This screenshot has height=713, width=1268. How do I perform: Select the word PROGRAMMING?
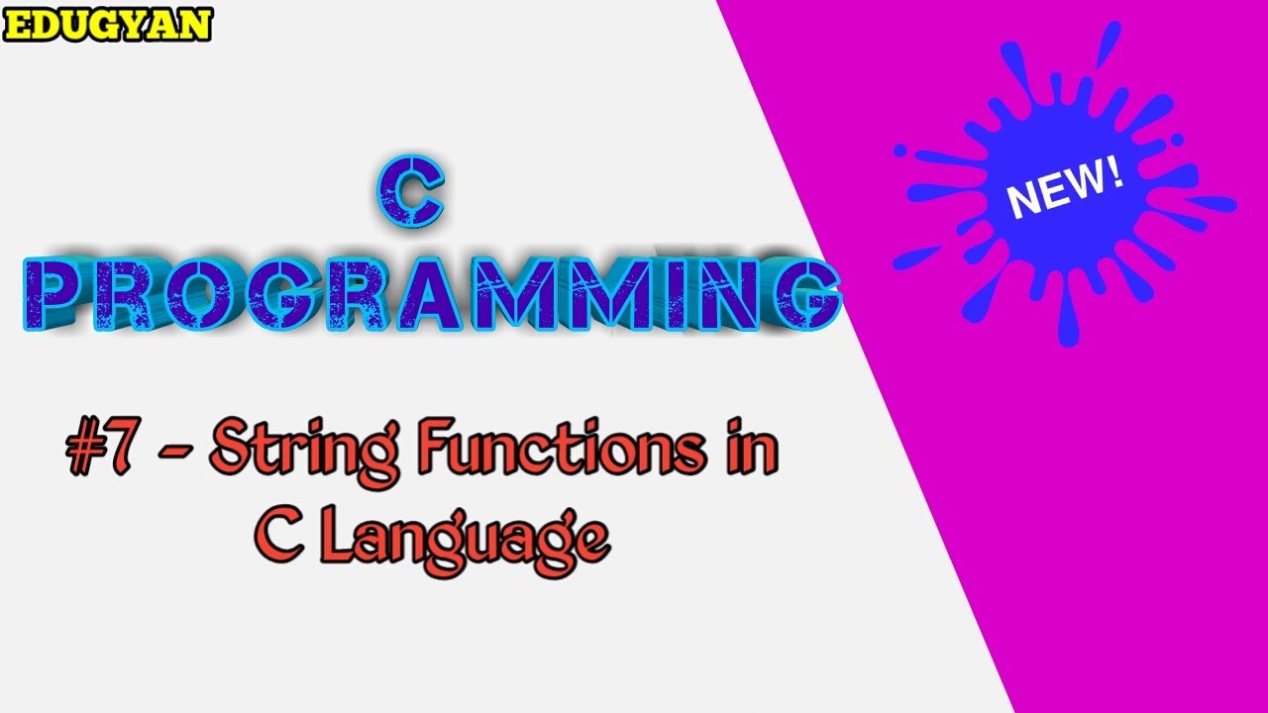pyautogui.click(x=431, y=294)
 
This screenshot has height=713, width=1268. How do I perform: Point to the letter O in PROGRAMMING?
pyautogui.click(x=215, y=294)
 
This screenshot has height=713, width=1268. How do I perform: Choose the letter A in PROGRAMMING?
pyautogui.click(x=442, y=294)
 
